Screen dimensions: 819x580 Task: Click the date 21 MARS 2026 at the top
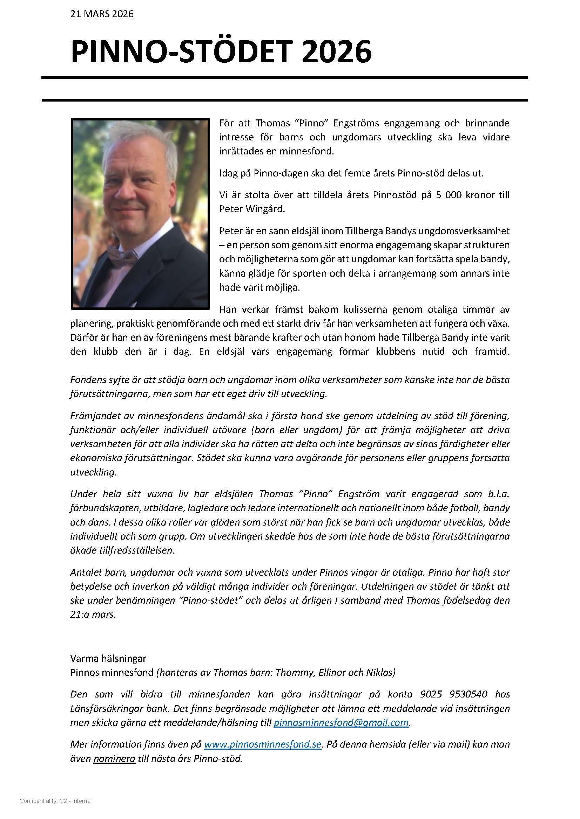[102, 14]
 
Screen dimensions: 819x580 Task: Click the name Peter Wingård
[252, 209]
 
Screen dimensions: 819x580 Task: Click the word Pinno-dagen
[277, 173]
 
